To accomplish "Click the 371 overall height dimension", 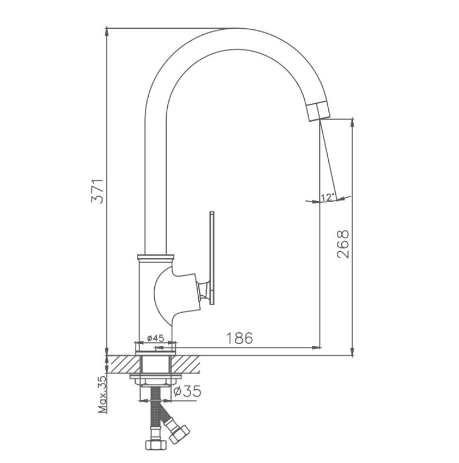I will [97, 191].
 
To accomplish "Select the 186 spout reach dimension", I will [240, 338].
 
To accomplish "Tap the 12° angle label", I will [327, 197].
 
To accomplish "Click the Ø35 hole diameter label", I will [185, 391].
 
